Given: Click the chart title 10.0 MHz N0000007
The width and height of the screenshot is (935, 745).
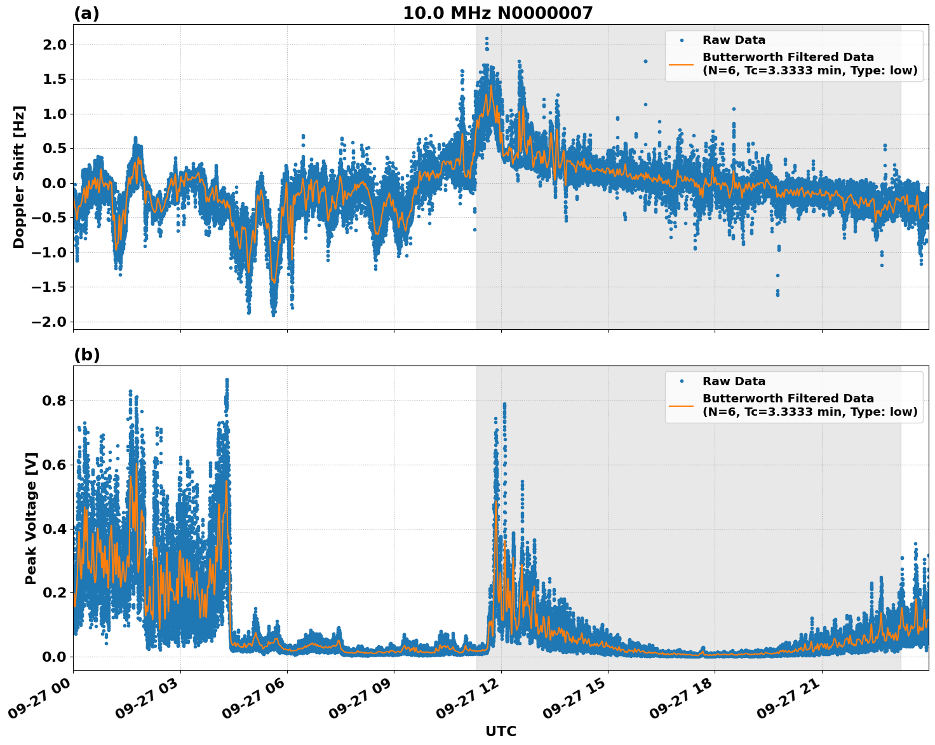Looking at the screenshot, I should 497,13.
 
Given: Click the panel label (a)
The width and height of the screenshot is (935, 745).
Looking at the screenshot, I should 86,13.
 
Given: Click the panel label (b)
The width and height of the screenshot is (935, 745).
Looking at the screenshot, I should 86,355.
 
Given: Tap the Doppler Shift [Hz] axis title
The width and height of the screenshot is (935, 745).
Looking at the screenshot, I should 19,177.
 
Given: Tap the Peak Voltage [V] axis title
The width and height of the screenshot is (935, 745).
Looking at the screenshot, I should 31,518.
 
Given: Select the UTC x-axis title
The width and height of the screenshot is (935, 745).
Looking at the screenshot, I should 501,731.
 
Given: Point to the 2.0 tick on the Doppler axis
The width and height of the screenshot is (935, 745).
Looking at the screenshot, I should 55,44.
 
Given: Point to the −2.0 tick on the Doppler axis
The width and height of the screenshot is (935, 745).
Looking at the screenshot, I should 51,322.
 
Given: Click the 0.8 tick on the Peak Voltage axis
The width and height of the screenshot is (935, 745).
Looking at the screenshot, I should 55,401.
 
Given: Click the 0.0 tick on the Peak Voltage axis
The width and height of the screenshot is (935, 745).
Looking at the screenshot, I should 55,657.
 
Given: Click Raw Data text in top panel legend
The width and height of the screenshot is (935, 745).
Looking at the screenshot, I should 734,40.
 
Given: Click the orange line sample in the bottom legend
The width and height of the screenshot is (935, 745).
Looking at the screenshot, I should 682,405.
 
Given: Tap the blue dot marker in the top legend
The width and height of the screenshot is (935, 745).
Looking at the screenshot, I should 682,40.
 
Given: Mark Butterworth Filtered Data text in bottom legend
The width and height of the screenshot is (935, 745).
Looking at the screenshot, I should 788,399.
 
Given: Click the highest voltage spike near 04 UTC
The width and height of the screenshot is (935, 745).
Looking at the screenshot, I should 227,380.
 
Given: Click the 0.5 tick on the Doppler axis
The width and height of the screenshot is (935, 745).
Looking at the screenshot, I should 55,149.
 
